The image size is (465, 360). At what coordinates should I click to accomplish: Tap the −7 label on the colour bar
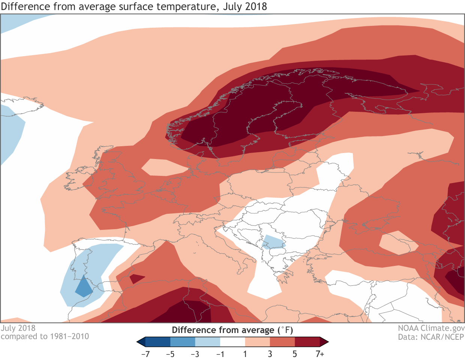click(145, 354)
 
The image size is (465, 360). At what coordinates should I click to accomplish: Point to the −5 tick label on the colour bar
click(170, 354)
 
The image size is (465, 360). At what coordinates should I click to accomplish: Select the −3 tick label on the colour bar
click(195, 354)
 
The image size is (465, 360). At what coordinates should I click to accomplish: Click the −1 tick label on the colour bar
click(220, 354)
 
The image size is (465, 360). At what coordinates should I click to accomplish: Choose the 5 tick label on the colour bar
click(295, 354)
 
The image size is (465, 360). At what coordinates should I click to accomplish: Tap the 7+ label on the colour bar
click(320, 354)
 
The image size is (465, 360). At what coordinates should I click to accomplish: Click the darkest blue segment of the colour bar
click(157, 342)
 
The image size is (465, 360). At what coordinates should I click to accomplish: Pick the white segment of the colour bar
click(232, 342)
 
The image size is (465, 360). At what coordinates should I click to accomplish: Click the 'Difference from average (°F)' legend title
click(232, 330)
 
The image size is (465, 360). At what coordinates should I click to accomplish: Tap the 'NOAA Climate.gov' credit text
click(431, 328)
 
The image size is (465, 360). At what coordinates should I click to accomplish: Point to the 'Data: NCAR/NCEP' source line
click(431, 337)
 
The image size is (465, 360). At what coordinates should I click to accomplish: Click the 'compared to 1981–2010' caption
click(45, 336)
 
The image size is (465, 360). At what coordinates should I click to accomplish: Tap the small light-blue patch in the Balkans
click(273, 242)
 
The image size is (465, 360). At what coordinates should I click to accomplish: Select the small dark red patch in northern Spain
click(136, 279)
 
